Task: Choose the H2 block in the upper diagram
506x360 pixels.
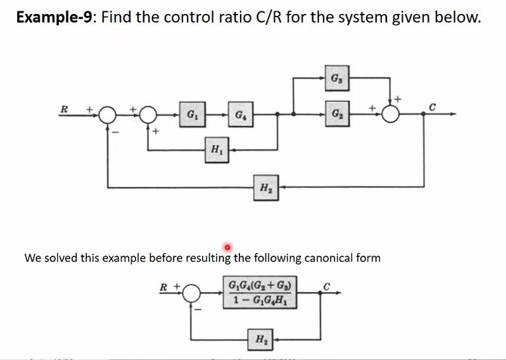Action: coord(264,187)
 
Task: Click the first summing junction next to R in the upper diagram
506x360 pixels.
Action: coord(108,115)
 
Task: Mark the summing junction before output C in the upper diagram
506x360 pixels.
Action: coord(391,115)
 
